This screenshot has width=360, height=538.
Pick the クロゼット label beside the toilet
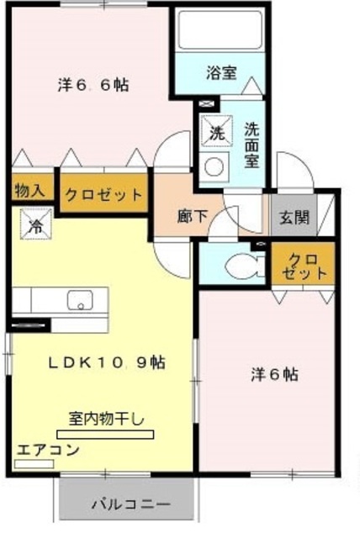[304, 265]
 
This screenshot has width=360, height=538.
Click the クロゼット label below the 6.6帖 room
[103, 195]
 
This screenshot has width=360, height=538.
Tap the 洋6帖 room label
[274, 374]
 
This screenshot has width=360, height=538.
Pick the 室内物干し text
[107, 418]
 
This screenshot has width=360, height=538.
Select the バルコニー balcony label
[130, 505]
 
